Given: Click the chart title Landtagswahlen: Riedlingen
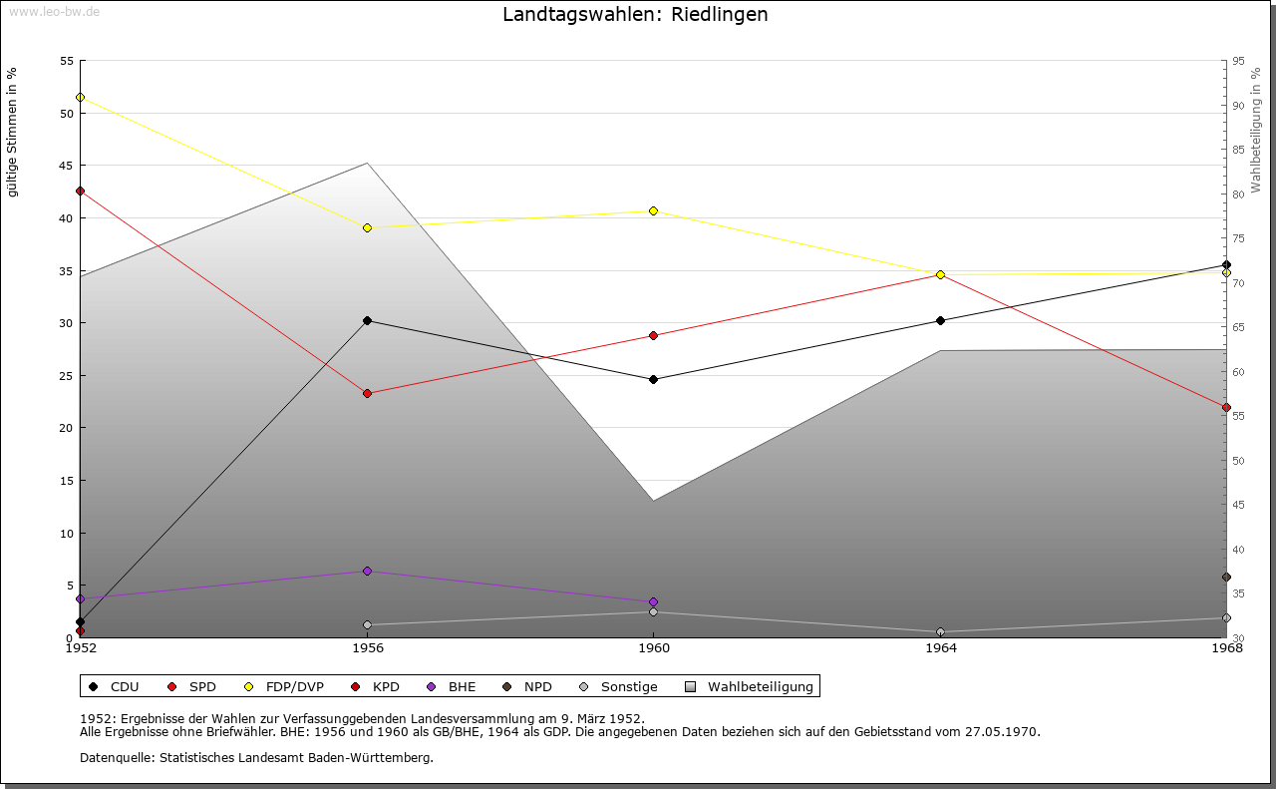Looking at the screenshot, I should click(635, 15).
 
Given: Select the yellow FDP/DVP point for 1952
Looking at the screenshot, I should click(80, 98).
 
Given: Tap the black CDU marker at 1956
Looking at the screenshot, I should click(367, 320).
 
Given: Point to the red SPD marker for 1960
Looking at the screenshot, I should click(653, 335).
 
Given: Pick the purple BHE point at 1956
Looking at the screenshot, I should click(367, 571).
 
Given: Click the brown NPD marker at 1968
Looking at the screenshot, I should click(1226, 577).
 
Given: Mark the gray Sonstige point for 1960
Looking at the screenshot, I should click(653, 611).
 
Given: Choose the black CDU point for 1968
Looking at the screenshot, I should click(1226, 264).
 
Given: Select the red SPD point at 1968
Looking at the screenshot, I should click(1226, 407).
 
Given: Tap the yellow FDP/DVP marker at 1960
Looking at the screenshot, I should click(653, 210).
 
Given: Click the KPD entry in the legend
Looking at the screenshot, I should click(385, 686).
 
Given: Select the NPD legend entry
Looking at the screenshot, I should click(537, 686).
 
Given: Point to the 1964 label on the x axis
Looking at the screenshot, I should click(940, 648).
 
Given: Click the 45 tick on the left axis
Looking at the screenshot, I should click(67, 166).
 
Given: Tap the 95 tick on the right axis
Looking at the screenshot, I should click(1237, 61).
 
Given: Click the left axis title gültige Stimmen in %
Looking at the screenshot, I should click(12, 132).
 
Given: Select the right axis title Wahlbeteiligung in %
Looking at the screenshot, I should click(1256, 131).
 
